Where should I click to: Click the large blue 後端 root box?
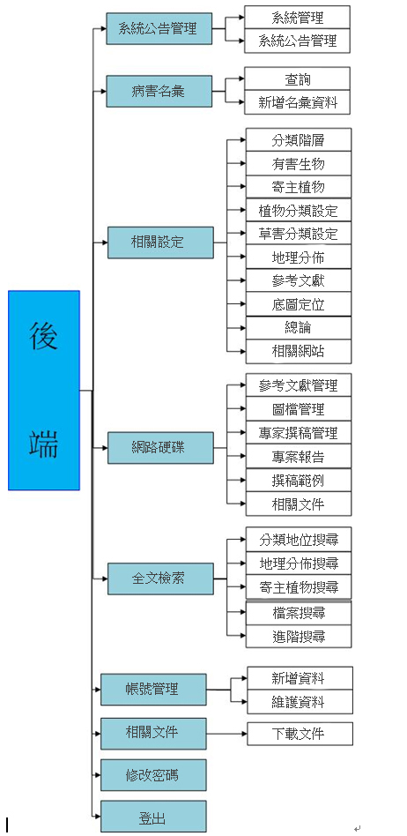(x=44, y=390)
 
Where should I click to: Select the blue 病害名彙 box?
(x=159, y=91)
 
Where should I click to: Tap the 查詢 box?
(x=297, y=79)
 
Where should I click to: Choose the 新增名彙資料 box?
(x=297, y=103)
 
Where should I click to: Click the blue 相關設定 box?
(x=159, y=242)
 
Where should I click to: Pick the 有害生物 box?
(x=299, y=163)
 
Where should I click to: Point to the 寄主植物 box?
(x=299, y=187)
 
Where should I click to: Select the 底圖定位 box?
(x=299, y=304)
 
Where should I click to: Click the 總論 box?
(x=299, y=327)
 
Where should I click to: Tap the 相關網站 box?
(x=299, y=351)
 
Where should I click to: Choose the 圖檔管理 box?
(x=299, y=408)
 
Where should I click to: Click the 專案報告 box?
(x=299, y=456)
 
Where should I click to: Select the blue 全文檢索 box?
(x=159, y=578)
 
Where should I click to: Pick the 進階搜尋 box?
(x=299, y=636)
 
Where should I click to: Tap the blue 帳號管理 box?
(x=153, y=690)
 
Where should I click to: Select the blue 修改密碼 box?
(x=153, y=775)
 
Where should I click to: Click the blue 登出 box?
(x=153, y=817)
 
